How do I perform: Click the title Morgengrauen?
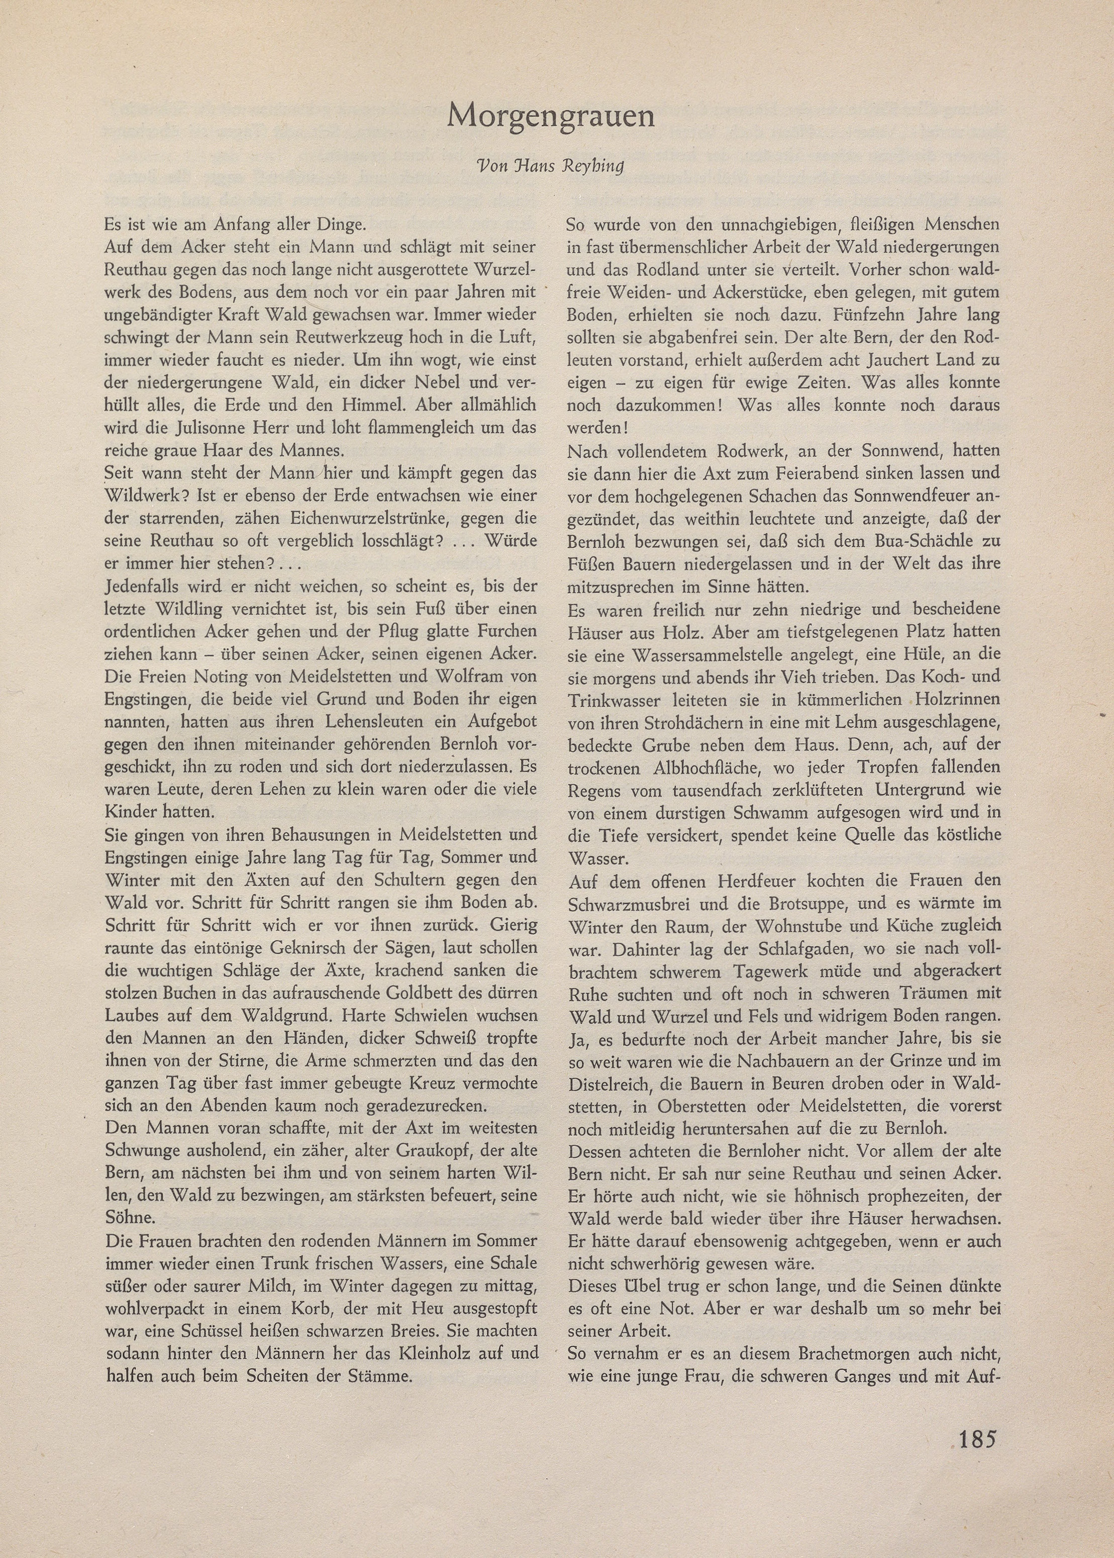[551, 117]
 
